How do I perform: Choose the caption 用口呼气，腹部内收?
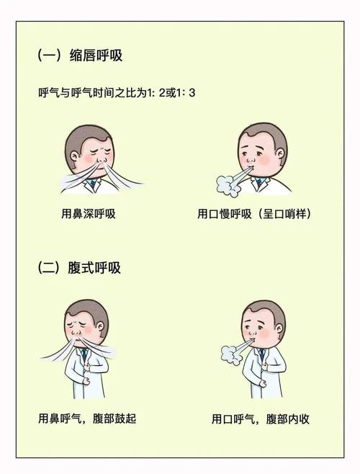pos(261,419)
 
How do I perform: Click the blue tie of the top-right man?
pos(258,183)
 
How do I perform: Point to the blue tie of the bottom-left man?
pos(84,354)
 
